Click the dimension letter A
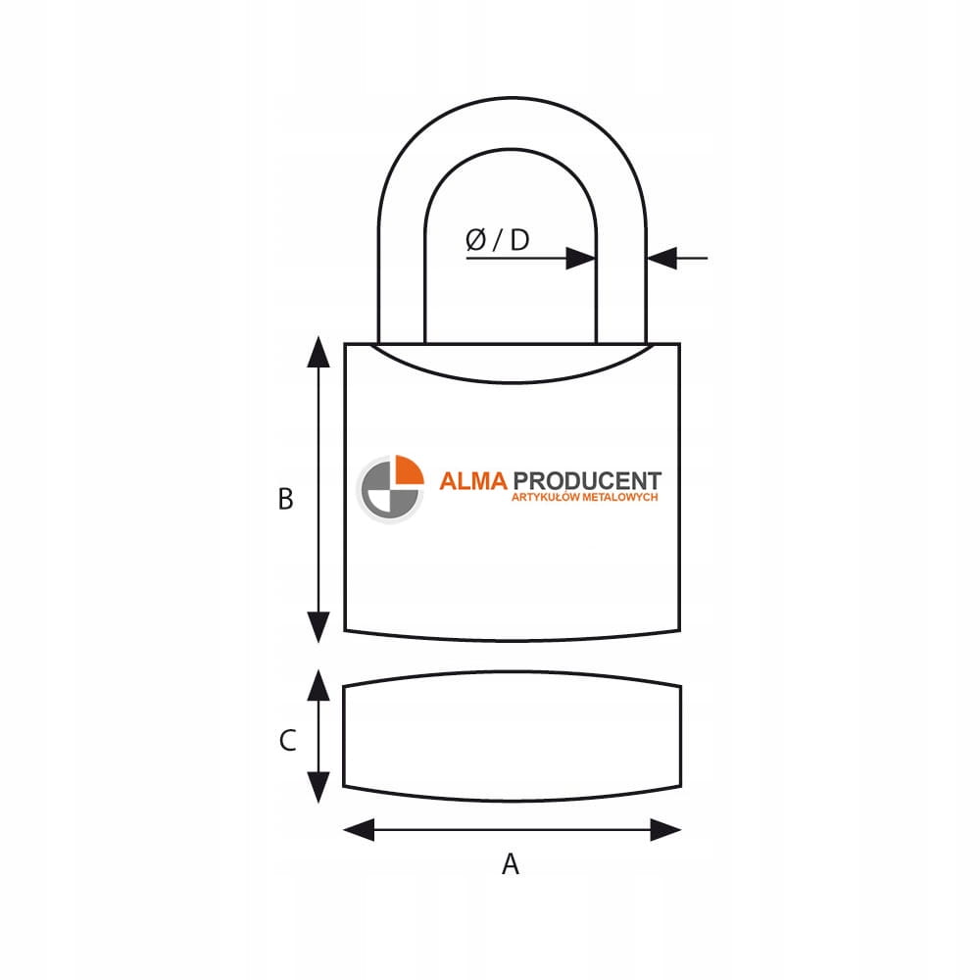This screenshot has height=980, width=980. [511, 863]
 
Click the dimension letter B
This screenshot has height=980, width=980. [285, 500]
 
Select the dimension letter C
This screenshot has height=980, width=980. [287, 740]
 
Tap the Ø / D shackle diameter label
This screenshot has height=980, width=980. [498, 239]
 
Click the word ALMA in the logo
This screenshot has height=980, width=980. [473, 481]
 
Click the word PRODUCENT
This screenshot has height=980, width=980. [587, 481]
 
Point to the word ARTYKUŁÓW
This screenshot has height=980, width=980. [545, 498]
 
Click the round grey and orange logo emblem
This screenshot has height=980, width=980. [390, 489]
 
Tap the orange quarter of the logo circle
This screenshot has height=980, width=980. [409, 470]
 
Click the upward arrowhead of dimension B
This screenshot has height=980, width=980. [318, 352]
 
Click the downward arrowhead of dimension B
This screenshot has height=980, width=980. [318, 627]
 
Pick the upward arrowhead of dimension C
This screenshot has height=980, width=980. [318, 686]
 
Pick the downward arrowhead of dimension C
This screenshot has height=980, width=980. [318, 788]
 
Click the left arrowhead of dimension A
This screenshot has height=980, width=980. [359, 830]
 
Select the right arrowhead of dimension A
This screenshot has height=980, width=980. [665, 830]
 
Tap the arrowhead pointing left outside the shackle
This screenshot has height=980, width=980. [662, 258]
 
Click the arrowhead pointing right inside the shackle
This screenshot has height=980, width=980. [580, 258]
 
